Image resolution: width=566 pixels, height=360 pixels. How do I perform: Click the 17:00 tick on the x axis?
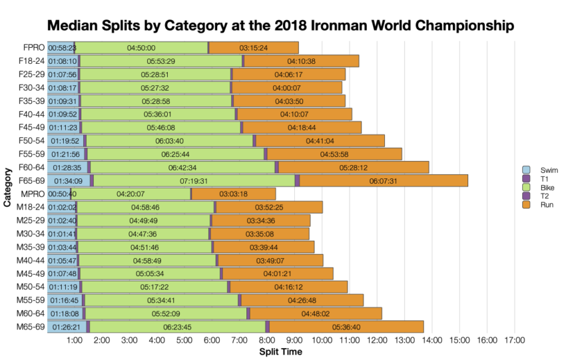[514, 341]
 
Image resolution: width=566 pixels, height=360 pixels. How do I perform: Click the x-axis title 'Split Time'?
[280, 351]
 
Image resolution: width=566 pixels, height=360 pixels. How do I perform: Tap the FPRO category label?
[33, 48]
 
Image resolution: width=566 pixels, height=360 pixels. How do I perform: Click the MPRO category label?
[33, 194]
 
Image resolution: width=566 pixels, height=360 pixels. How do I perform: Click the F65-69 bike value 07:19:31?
[194, 180]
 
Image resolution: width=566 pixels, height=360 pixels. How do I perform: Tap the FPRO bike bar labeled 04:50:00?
[141, 48]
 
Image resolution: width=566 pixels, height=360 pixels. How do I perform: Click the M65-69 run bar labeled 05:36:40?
[346, 327]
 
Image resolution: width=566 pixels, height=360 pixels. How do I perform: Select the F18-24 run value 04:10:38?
[301, 61]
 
